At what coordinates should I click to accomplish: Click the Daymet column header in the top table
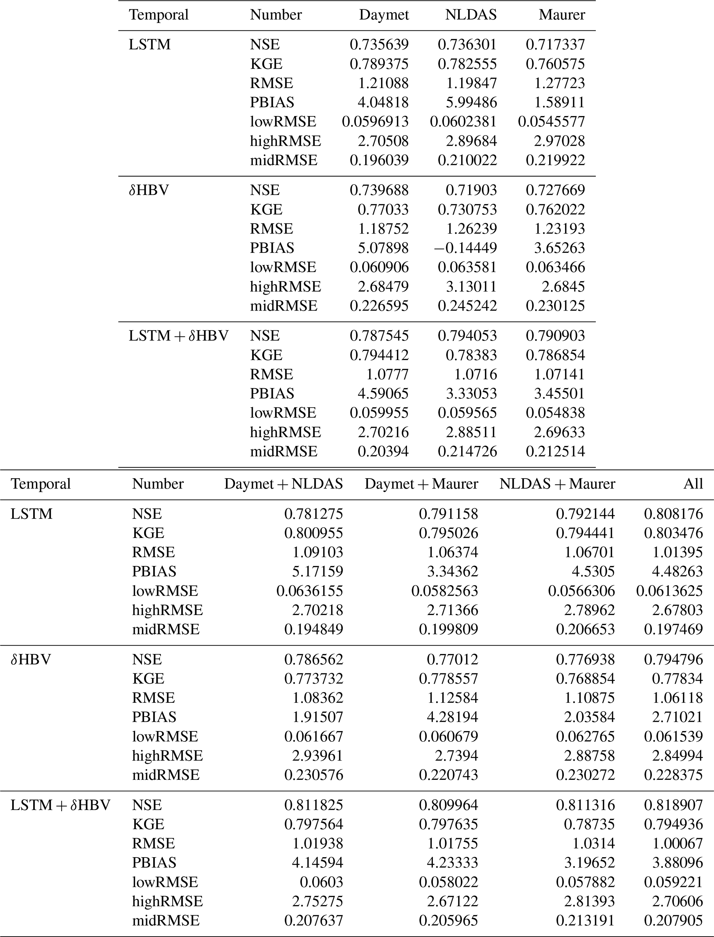coord(384,15)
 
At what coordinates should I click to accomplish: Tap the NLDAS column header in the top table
coord(470,15)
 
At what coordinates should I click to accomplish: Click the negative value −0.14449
coord(465,248)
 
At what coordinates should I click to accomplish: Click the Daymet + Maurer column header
coord(421,484)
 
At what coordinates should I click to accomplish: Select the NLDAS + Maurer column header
coord(557,484)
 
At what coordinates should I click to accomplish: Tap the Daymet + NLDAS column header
coord(284,484)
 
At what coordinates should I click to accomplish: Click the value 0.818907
coord(673,805)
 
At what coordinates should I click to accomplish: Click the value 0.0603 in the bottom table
coord(321,882)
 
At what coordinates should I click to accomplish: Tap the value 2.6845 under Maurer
coord(563,286)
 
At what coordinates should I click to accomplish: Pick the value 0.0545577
coord(551,122)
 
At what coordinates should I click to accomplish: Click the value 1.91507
coord(317,717)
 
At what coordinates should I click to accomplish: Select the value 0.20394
coord(383,451)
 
